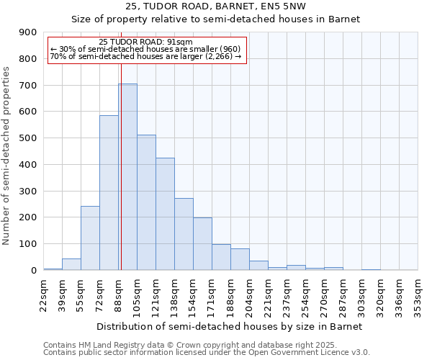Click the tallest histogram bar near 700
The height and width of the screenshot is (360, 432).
(x=128, y=176)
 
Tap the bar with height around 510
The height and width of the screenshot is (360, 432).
(x=146, y=202)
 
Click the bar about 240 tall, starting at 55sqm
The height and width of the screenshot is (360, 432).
(x=90, y=238)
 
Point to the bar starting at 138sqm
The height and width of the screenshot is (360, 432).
(x=184, y=234)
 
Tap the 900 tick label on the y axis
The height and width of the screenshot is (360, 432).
(x=27, y=32)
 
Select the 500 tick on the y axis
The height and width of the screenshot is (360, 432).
(x=27, y=138)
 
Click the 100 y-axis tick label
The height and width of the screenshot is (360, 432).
(x=27, y=244)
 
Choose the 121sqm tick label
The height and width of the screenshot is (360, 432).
(x=156, y=294)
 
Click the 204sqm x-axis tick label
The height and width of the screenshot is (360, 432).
(x=250, y=294)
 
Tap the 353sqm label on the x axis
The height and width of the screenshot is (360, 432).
(x=418, y=294)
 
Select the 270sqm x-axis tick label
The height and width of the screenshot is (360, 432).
(x=325, y=294)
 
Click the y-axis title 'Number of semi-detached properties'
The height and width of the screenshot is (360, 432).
(x=7, y=156)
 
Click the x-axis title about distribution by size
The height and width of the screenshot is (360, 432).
(x=230, y=326)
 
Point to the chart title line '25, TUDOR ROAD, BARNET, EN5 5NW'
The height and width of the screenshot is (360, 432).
(x=215, y=6)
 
